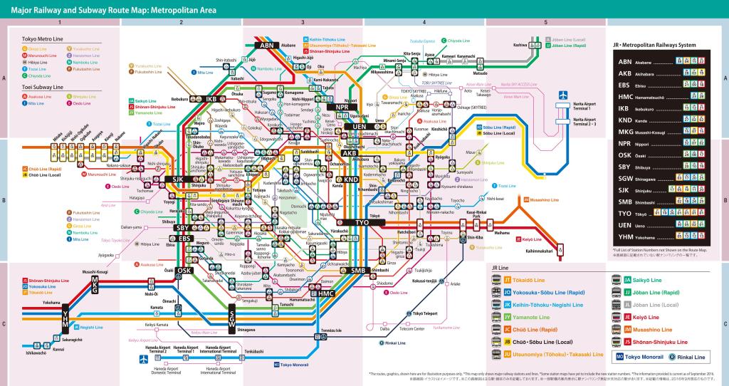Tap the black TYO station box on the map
363,222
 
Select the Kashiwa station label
520,45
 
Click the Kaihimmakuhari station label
540,250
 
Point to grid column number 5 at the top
546,22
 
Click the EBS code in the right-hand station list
625,86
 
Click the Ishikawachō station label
36,353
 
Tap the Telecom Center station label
410,329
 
